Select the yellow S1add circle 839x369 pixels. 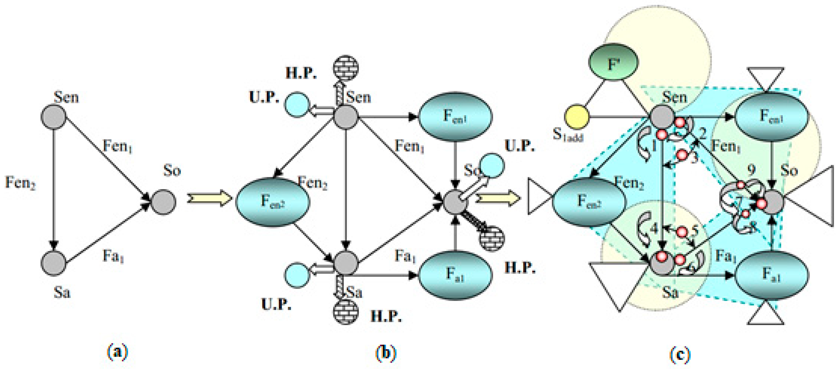pyautogui.click(x=576, y=117)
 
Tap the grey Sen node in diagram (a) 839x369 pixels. pyautogui.click(x=53, y=117)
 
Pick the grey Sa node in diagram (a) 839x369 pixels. pyautogui.click(x=53, y=263)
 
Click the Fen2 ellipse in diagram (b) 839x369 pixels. pyautogui.click(x=273, y=202)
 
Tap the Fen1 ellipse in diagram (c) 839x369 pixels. pyautogui.click(x=772, y=117)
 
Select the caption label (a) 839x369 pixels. pyautogui.click(x=117, y=353)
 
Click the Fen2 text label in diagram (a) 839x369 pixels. pyautogui.click(x=20, y=183)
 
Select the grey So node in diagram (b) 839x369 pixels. pyautogui.click(x=455, y=202)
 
